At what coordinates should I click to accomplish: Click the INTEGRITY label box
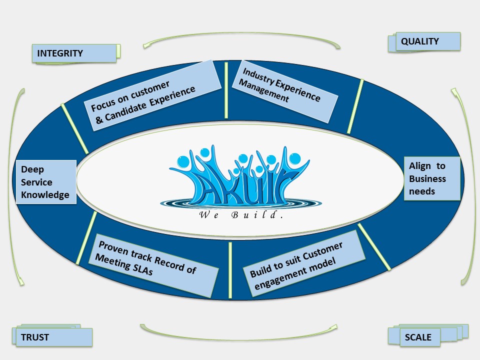click(x=74, y=53)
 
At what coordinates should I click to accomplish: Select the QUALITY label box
click(x=428, y=41)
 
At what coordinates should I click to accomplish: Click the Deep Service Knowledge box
click(x=46, y=182)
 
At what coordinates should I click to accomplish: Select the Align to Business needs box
click(x=432, y=178)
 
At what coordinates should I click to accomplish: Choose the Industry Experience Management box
click(x=285, y=91)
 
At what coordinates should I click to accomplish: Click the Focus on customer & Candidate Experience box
click(x=152, y=95)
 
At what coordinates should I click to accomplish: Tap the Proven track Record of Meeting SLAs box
click(x=153, y=265)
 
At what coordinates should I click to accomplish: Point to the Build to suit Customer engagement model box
click(x=304, y=263)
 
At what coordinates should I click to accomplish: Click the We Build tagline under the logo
click(x=241, y=214)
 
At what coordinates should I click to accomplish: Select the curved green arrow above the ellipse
click(x=242, y=33)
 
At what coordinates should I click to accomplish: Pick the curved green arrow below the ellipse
click(x=239, y=339)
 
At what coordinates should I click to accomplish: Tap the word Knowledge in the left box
click(x=45, y=195)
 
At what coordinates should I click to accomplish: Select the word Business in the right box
click(x=427, y=179)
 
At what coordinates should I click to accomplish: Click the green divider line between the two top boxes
click(x=226, y=90)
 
